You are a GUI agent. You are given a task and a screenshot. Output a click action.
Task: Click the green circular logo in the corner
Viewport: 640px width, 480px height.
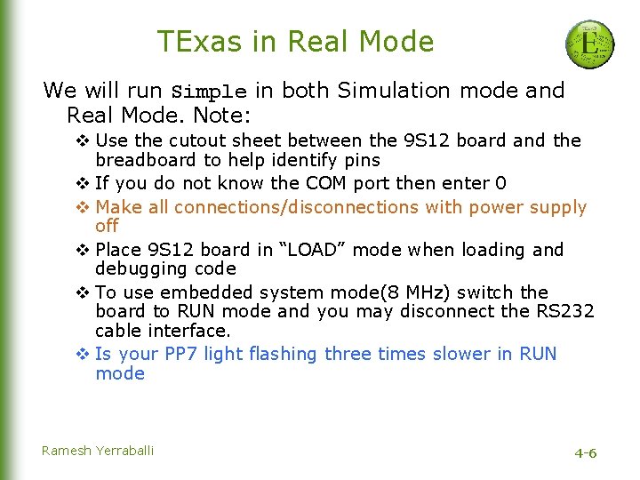click(589, 44)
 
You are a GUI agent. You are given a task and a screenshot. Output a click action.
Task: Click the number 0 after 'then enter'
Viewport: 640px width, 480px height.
click(500, 184)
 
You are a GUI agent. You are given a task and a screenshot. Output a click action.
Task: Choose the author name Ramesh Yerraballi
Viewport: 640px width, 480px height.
click(98, 451)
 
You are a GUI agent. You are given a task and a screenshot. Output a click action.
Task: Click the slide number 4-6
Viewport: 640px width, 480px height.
click(585, 453)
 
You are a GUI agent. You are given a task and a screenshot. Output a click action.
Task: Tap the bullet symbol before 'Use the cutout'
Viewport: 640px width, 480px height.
click(83, 140)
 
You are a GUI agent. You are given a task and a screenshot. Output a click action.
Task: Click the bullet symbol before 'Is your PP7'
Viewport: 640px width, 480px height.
click(83, 354)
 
